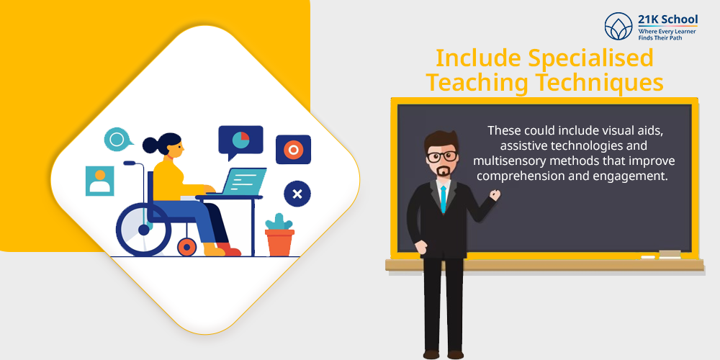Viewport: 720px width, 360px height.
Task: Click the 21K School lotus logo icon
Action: point(618,26)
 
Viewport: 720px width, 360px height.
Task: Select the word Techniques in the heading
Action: point(600,83)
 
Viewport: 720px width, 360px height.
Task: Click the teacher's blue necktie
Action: point(443,199)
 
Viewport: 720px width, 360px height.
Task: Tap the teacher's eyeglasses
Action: point(442,156)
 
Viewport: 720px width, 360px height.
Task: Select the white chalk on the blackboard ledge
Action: point(647,257)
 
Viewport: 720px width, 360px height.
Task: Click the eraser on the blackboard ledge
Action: point(670,254)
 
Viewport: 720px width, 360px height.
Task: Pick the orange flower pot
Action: point(279,243)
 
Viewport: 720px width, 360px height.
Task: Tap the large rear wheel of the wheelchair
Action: point(143,229)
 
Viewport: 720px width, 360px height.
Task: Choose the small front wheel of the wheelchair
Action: point(187,247)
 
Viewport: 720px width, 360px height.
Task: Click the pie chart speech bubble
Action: point(240,141)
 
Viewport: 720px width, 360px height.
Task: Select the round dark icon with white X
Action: point(297,194)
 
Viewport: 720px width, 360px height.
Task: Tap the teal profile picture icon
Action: point(99,181)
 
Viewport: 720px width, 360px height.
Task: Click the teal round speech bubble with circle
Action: point(117,139)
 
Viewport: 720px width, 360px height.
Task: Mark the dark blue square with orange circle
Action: point(293,149)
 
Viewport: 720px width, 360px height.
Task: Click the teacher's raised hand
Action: point(495,194)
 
